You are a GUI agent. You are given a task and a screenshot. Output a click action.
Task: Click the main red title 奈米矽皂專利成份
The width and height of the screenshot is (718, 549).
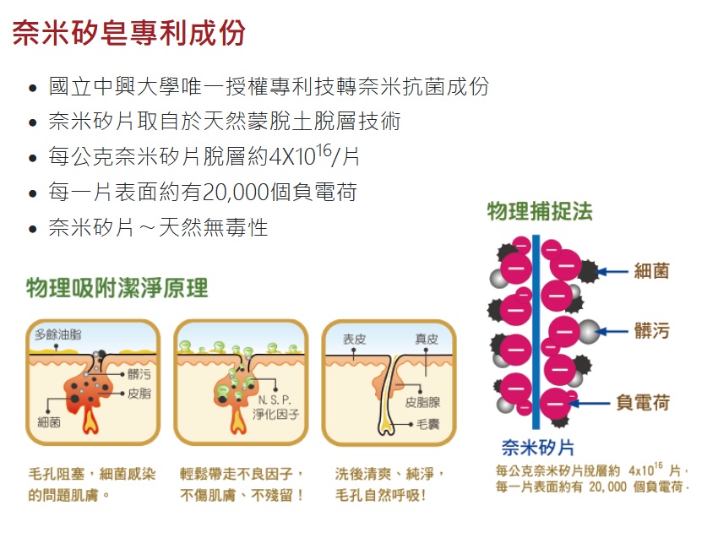point(128,33)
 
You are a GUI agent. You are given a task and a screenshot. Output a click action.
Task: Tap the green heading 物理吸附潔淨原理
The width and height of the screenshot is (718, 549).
point(117,288)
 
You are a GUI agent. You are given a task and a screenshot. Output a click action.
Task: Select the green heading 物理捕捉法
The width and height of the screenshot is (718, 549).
point(540,211)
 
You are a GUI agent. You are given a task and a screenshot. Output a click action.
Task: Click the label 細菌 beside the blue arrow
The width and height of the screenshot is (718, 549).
point(651,271)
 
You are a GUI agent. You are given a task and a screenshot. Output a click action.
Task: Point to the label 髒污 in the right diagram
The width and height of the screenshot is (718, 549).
point(651,330)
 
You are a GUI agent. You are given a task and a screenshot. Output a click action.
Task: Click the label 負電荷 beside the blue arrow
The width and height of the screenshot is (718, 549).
point(643,402)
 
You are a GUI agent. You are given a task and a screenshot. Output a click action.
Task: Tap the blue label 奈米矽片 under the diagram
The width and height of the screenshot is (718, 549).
point(537,447)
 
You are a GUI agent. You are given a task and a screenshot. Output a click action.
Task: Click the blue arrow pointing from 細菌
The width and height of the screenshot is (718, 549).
point(615,271)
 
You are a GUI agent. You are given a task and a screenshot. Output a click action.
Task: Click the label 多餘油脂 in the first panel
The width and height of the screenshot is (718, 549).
point(58,335)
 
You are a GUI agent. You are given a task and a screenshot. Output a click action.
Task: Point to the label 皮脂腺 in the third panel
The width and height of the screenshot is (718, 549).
point(422,403)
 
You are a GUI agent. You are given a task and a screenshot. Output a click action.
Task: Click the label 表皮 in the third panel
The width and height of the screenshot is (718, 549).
point(354,340)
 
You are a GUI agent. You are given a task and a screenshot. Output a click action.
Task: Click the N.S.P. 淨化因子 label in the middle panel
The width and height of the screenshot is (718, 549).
point(275,407)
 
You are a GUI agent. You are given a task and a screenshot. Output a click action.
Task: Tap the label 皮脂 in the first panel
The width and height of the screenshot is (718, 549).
point(139,394)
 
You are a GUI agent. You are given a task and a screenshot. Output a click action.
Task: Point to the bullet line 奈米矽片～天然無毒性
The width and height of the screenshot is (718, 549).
point(158,228)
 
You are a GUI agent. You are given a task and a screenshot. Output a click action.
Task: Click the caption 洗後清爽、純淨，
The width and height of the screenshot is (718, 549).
point(389,474)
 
